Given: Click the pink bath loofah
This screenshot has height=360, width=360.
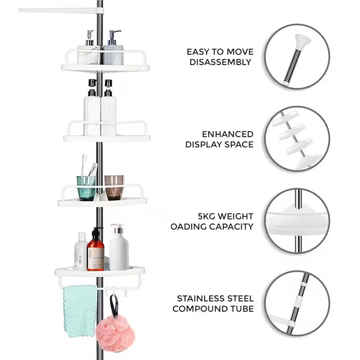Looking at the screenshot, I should (115, 333).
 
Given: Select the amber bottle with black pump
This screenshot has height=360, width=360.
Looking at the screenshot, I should (95, 252).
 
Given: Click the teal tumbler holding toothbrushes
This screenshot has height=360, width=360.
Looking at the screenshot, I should (86, 187).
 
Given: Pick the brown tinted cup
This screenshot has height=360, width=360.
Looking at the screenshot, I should (114, 186).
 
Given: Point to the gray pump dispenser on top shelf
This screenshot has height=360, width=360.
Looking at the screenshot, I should (113, 52).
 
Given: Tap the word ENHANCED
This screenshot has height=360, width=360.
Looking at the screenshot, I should (227, 134).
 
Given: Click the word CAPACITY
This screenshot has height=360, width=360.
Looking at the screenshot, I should (231, 227).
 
